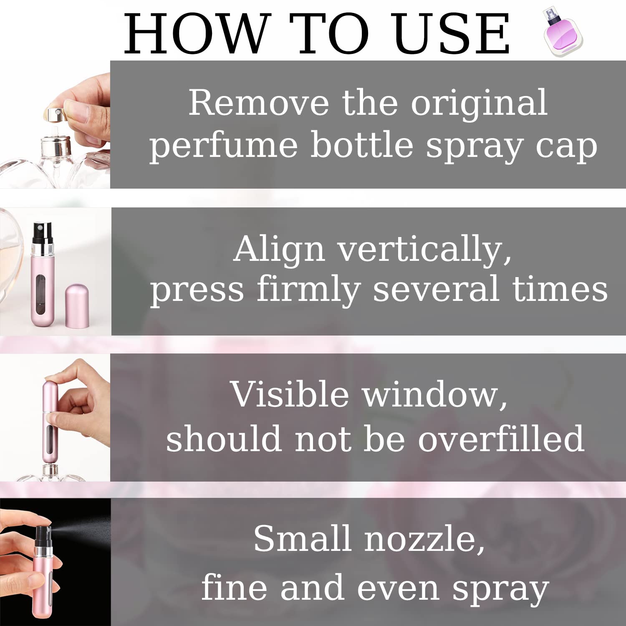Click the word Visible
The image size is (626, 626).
click(x=289, y=394)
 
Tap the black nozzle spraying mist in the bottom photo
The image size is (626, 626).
click(x=43, y=537)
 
